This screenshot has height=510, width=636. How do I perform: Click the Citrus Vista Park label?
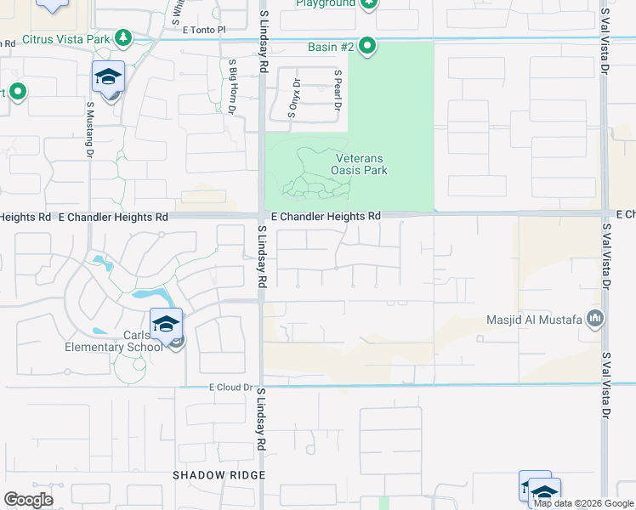pos(67,39)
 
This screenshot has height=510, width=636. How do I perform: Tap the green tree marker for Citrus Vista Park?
pos(124,37)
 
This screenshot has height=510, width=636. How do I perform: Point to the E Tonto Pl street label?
pos(201,29)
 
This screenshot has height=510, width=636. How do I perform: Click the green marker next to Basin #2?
pos(366,46)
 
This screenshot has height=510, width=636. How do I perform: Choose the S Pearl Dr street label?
pos(338,91)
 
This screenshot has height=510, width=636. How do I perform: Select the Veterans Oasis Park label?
pos(361,164)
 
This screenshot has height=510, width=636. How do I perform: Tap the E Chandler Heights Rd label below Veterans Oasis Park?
pos(326,217)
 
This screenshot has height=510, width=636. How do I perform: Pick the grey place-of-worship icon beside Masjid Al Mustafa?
pos(595,320)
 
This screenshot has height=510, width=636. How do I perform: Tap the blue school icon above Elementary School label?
pos(166,323)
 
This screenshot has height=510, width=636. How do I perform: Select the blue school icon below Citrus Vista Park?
pos(109,76)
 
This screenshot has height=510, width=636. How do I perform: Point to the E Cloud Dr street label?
pos(231,388)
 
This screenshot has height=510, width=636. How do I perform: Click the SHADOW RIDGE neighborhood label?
pos(211,474)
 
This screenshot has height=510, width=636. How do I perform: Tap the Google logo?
pos(29,500)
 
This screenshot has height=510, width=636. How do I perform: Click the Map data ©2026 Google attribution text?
pos(582,503)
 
